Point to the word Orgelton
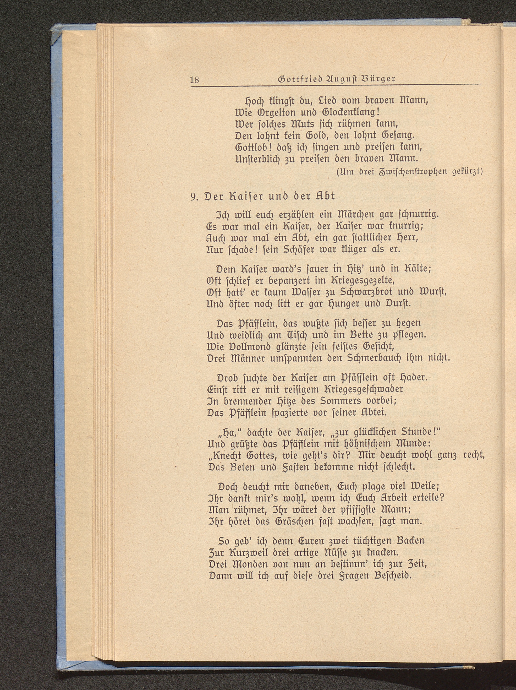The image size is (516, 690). click(271, 112)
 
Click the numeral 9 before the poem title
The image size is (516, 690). click(193, 196)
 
